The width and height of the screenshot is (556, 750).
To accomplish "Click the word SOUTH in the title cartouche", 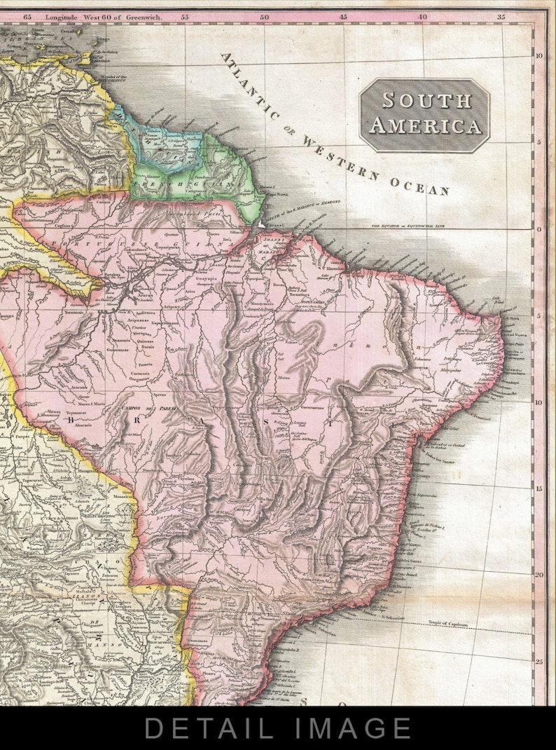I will coord(426,100).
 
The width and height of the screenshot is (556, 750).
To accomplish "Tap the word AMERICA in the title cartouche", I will coord(425,126).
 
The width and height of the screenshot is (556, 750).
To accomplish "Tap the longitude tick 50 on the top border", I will coord(264,15).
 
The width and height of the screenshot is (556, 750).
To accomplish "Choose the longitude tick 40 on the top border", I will coord(422,15).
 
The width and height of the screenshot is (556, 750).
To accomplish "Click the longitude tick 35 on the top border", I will coord(501,15).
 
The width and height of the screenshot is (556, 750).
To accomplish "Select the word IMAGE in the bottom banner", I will coord(355,728).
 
